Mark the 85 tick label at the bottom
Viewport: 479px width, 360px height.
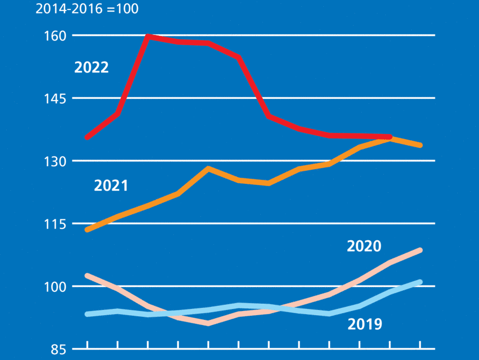[58, 349]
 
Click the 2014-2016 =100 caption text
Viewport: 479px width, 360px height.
[87, 9]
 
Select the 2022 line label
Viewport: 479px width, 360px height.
[91, 68]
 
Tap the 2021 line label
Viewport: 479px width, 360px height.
[111, 185]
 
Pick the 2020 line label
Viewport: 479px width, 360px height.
[364, 246]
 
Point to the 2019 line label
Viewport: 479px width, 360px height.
[364, 325]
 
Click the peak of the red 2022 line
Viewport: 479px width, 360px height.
[148, 36]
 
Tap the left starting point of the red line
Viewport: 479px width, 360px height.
[87, 138]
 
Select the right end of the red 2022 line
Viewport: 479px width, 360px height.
[390, 137]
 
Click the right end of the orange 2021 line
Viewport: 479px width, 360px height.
[420, 145]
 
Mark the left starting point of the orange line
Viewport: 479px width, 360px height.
[87, 230]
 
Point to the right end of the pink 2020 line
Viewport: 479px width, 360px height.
[420, 251]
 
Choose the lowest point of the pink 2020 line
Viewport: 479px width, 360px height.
[208, 324]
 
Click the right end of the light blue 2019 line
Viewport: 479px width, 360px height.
[420, 282]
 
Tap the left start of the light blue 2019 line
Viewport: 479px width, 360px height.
[87, 314]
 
